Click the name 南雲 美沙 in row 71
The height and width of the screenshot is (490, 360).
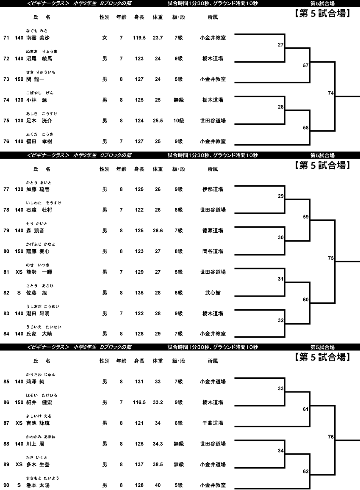point(38,38)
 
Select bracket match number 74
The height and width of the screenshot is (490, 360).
point(331,93)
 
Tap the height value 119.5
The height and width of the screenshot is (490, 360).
point(139,38)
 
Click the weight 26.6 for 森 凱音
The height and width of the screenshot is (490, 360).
point(158,231)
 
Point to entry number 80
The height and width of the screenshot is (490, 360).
point(6,251)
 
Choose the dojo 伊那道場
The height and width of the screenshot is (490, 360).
point(213,189)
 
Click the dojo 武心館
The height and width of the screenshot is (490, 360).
point(213,293)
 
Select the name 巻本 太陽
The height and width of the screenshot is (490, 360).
point(38,485)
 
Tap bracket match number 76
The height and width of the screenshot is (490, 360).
point(331,436)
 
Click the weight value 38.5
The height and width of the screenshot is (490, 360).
point(158,465)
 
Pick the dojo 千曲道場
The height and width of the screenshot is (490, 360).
point(213,423)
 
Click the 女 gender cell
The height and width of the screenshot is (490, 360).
point(105,38)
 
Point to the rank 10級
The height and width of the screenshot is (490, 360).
point(179,121)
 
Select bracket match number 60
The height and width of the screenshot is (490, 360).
point(306,300)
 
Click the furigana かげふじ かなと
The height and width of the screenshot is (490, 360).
point(41,244)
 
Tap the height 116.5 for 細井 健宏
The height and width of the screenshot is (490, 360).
point(139,402)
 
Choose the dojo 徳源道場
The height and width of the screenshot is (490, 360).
point(213,231)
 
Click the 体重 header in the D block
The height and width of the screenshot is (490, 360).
point(158,361)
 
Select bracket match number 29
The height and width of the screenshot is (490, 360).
point(280,196)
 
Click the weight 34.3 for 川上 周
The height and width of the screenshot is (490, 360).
point(158,444)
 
